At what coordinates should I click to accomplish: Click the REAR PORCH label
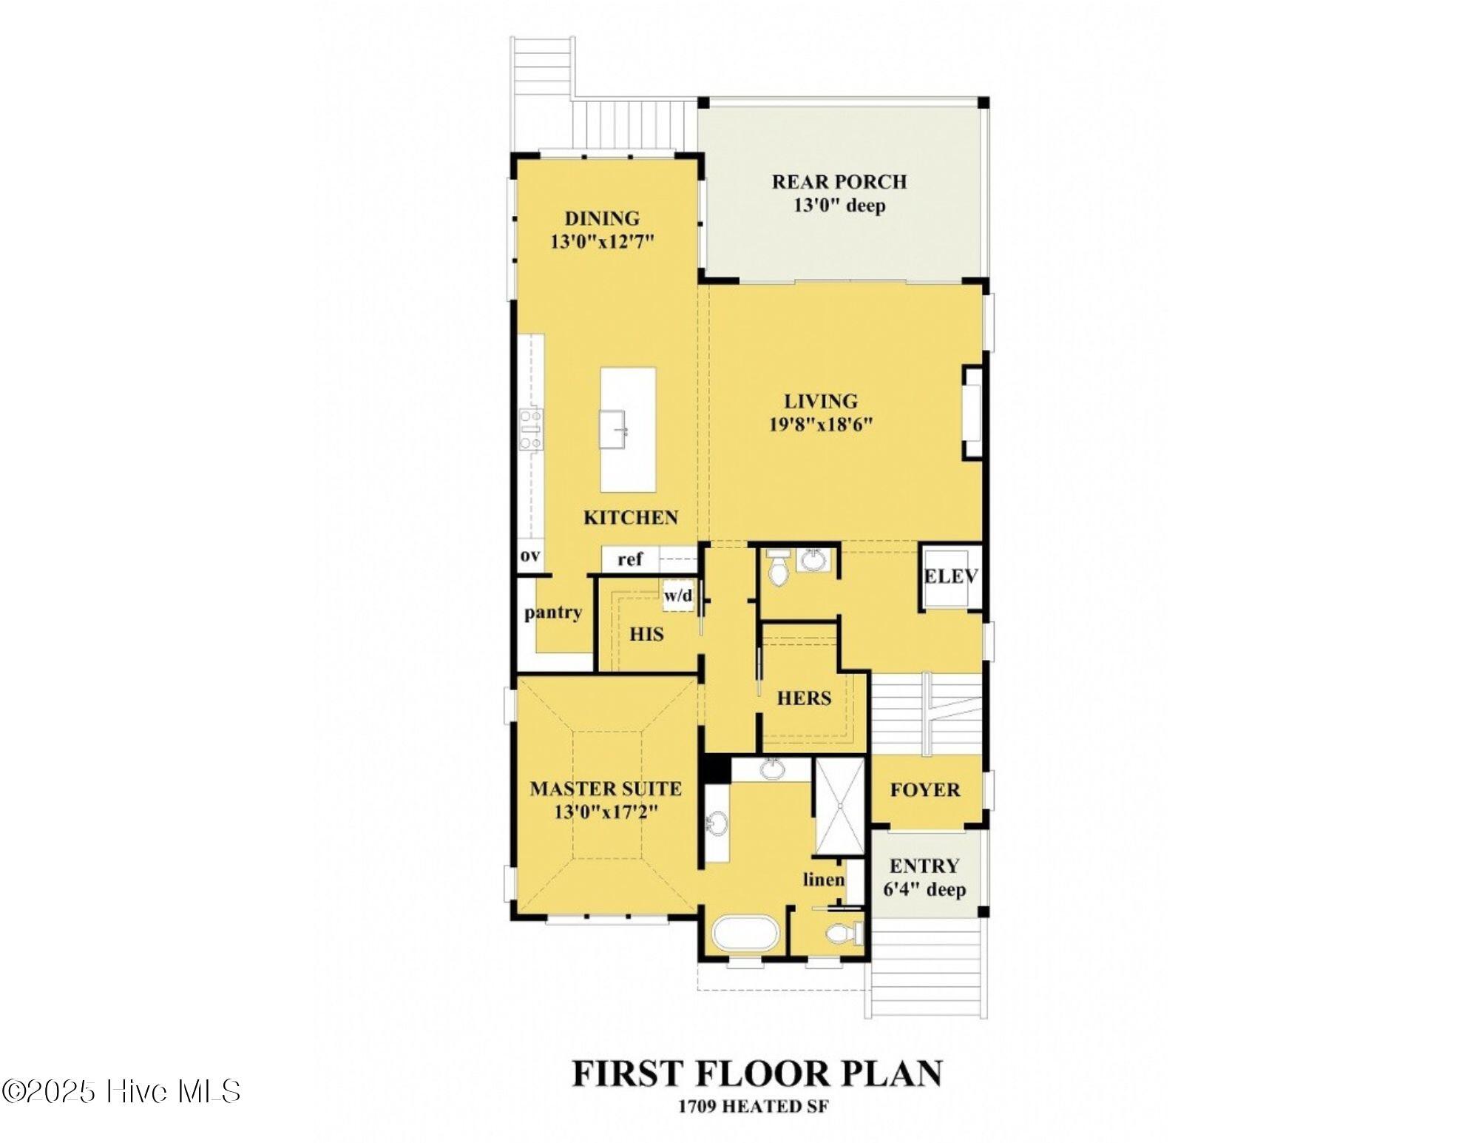[x=839, y=182]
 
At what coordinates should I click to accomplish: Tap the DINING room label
[x=602, y=219]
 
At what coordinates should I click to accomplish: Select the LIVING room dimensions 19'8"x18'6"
[x=821, y=425]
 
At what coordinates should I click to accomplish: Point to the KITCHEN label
[x=631, y=518]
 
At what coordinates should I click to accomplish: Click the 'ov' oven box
[x=530, y=556]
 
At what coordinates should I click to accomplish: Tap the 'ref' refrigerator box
[x=630, y=559]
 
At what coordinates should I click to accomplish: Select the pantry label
[x=553, y=613]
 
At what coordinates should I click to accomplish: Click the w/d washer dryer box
[x=678, y=596]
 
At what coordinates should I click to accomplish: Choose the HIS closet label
[x=646, y=635]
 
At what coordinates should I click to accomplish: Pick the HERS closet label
[x=804, y=698]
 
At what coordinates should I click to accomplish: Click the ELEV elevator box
[x=952, y=577]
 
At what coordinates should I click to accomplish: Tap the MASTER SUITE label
[x=606, y=789]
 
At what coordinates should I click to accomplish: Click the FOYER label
[x=925, y=790]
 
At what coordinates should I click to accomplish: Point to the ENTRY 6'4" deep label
[x=924, y=877]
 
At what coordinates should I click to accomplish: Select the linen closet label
[x=824, y=880]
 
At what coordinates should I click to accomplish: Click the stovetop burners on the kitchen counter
[x=530, y=429]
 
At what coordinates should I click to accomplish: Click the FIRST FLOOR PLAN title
[x=757, y=1073]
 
